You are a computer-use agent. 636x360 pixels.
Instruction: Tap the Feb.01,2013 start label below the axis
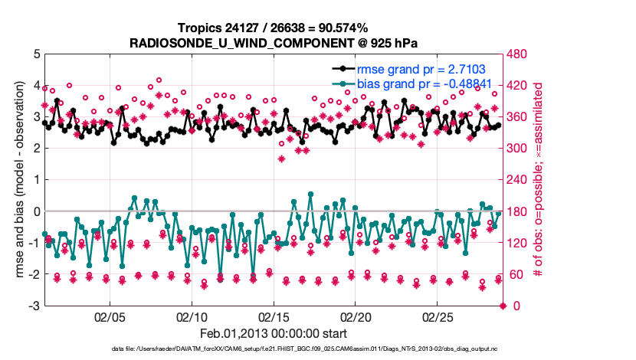[x=273, y=334]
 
